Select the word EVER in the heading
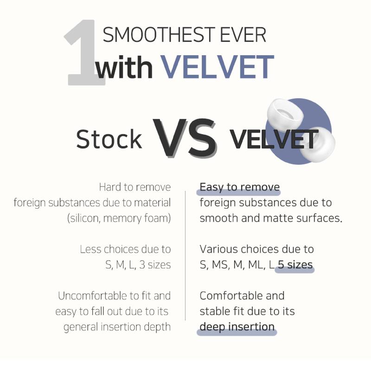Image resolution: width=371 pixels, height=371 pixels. [x=243, y=35]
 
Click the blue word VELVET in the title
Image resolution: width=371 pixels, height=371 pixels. [x=217, y=67]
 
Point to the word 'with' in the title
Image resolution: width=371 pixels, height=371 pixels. [x=124, y=67]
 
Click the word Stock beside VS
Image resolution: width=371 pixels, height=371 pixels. [x=109, y=139]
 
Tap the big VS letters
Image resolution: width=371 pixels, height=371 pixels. [x=185, y=138]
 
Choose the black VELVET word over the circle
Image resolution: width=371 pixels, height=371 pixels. [x=274, y=140]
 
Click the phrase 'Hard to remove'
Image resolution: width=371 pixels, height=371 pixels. [x=135, y=187]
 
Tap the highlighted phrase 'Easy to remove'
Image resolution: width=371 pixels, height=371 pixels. [x=240, y=187]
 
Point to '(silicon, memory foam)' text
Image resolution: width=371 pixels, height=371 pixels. [x=119, y=218]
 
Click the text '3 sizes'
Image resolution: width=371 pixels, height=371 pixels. [x=155, y=265]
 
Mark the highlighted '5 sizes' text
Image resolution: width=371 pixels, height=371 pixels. [x=295, y=265]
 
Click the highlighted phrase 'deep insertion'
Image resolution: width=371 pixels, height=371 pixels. [x=237, y=327]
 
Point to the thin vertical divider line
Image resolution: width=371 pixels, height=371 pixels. [x=185, y=256]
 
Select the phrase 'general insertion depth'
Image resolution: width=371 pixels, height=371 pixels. [x=117, y=327]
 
